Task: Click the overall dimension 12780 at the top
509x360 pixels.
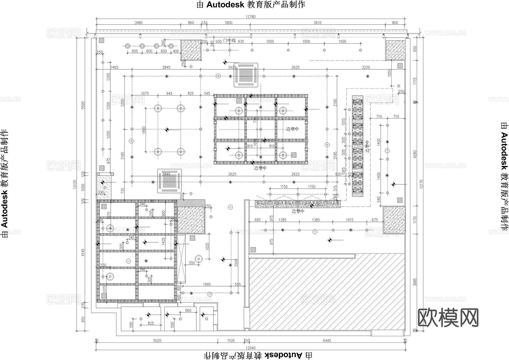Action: [251, 17]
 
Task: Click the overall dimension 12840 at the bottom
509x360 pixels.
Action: [251, 348]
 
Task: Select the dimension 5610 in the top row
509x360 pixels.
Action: [318, 23]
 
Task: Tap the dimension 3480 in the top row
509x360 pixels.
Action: [139, 23]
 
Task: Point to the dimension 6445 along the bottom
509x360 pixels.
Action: [327, 340]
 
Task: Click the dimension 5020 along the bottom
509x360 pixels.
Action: [157, 340]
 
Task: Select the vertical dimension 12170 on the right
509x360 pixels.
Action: [421, 184]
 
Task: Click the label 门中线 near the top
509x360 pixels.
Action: [229, 40]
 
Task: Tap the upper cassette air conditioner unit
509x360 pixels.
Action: [246, 75]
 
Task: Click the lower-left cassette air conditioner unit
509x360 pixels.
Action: [169, 181]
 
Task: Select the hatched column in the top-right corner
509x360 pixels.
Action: [395, 50]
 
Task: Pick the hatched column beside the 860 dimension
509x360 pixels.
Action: [191, 50]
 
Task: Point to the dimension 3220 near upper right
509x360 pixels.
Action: [366, 67]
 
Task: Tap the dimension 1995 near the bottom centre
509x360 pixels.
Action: [207, 284]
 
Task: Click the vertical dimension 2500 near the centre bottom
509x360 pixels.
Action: [236, 262]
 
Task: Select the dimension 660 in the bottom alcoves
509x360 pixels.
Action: [188, 311]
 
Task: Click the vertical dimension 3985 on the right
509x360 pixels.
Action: [415, 282]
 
